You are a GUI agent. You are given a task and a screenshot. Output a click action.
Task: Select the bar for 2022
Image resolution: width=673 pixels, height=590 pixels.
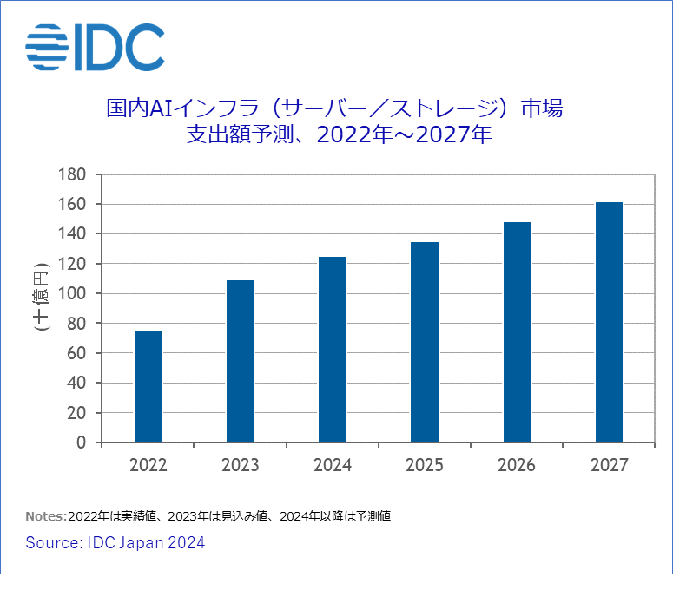[148, 387]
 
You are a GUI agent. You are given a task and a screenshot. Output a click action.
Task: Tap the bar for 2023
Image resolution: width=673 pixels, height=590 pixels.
[240, 361]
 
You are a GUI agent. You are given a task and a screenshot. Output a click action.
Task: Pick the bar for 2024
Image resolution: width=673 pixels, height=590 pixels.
[332, 350]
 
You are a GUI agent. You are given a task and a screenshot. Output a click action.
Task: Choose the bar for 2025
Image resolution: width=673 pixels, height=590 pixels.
[425, 342]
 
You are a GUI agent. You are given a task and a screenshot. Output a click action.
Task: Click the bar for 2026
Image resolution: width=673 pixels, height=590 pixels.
[517, 332]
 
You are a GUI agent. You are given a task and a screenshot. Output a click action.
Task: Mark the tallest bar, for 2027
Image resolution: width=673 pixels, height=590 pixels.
[609, 322]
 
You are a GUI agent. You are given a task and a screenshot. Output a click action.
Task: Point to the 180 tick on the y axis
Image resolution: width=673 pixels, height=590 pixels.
[72, 174]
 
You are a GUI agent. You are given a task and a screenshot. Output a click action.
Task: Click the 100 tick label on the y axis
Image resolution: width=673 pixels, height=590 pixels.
[72, 293]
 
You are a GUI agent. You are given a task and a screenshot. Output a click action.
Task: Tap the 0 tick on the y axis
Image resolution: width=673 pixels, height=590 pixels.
[81, 442]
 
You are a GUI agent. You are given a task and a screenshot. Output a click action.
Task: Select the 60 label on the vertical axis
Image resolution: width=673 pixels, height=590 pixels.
[76, 353]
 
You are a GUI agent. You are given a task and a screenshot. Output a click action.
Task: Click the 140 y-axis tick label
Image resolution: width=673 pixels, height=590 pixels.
[72, 234]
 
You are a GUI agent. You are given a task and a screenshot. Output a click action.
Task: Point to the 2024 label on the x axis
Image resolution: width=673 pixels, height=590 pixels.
[332, 466]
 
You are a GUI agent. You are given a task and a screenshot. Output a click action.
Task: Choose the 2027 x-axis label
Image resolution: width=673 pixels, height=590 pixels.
[609, 466]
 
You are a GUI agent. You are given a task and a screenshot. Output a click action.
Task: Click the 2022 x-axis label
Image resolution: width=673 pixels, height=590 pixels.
[148, 466]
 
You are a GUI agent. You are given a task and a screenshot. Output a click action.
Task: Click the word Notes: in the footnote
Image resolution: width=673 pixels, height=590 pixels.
[46, 516]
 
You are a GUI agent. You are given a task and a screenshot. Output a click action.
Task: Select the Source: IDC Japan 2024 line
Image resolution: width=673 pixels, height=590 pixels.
[115, 543]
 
